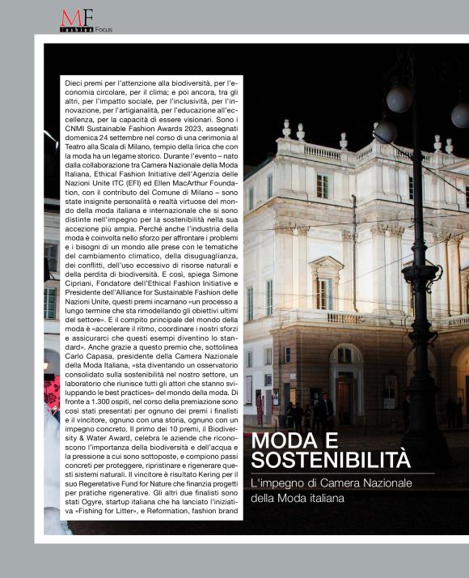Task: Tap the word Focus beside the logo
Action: pos(104,30)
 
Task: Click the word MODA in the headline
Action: pos(280,442)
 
